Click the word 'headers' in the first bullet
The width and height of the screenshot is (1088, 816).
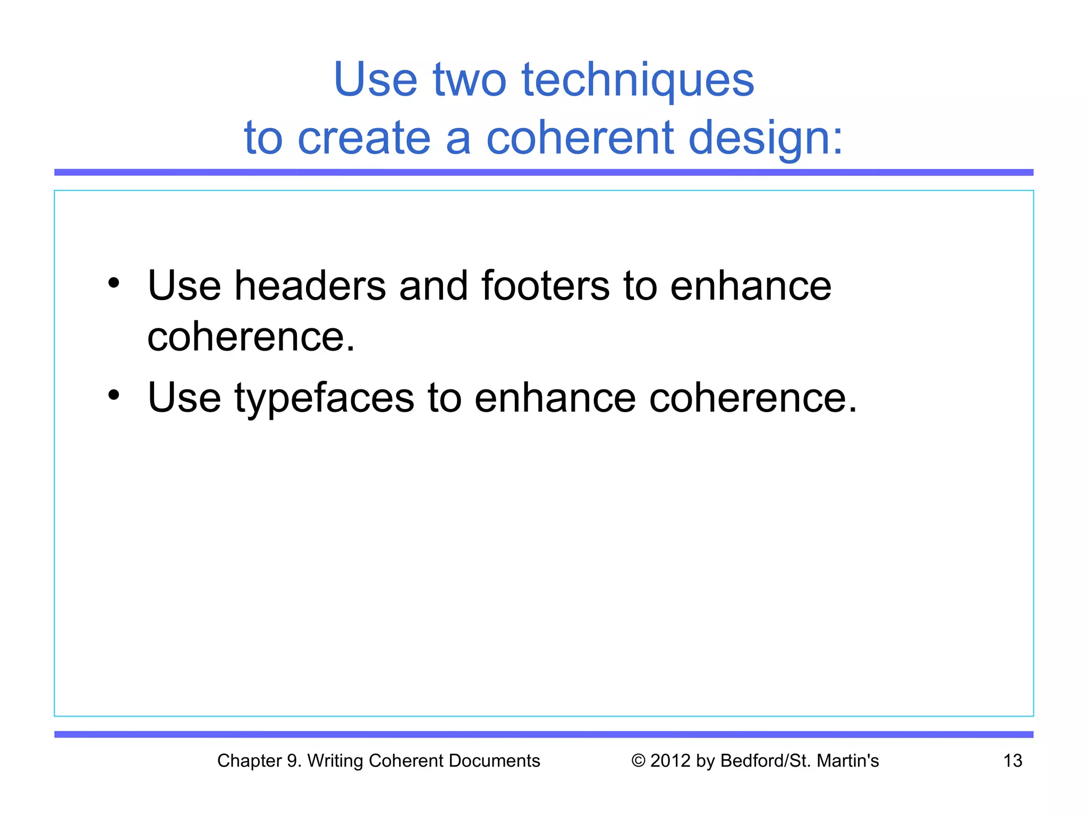(310, 286)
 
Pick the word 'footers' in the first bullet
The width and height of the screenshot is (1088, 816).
(546, 286)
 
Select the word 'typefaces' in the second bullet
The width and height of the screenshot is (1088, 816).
(324, 398)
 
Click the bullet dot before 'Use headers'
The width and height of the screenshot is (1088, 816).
(114, 283)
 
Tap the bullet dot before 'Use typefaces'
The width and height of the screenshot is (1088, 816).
(114, 395)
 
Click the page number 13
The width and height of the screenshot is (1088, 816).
(1013, 761)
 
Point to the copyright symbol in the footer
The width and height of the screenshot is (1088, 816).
(638, 761)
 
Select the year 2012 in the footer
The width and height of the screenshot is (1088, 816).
(670, 761)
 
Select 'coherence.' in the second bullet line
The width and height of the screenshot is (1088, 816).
(753, 398)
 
